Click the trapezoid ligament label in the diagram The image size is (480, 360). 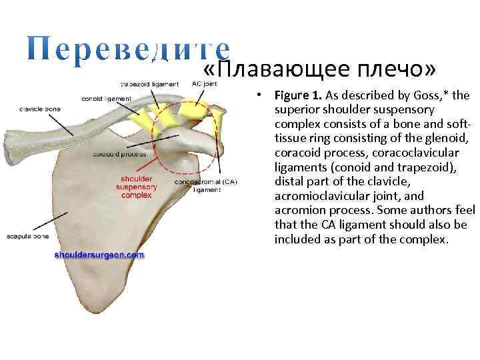(x=149, y=85)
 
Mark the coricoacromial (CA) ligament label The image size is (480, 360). (x=206, y=185)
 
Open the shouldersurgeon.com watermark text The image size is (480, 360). (x=99, y=255)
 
